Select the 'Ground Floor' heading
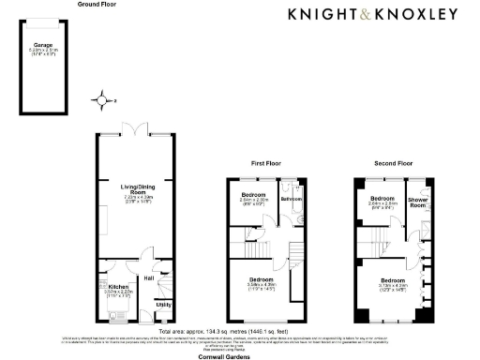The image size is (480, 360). click(99, 5)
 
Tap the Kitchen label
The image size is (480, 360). click(118, 287)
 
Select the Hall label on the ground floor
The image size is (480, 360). click(148, 277)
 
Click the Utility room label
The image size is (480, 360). click(163, 305)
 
